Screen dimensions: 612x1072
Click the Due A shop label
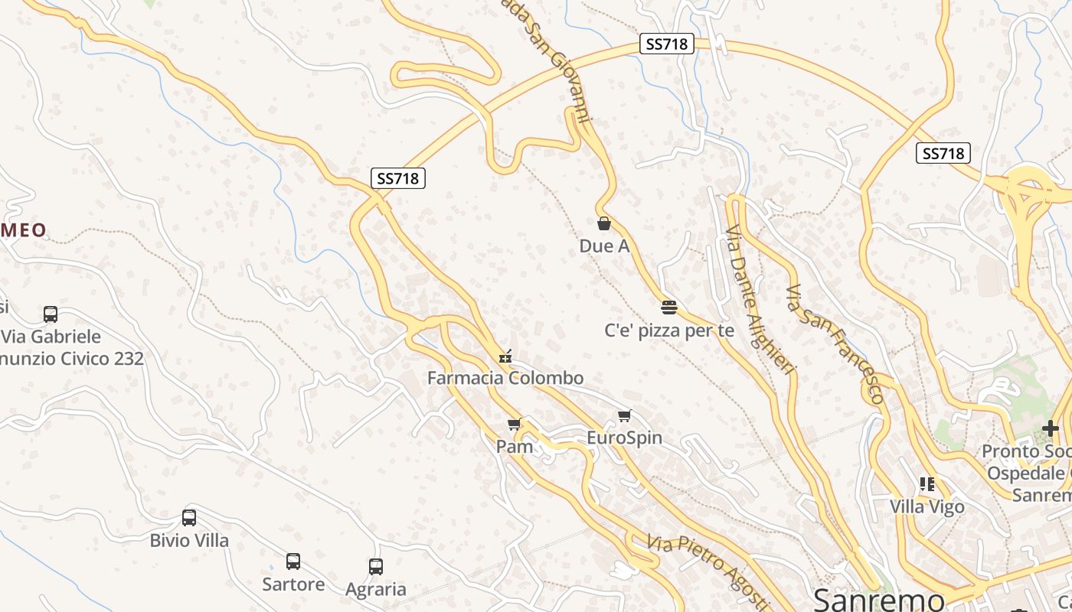click(604, 246)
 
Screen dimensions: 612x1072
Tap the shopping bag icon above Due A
click(604, 223)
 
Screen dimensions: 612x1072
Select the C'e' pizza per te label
click(669, 330)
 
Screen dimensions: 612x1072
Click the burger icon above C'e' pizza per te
click(669, 308)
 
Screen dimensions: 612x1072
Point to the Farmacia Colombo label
click(505, 378)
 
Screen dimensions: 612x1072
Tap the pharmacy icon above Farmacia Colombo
click(505, 355)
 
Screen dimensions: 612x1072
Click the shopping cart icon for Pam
click(514, 424)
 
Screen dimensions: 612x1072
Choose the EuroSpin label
click(624, 438)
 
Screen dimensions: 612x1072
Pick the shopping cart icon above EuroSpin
click(625, 416)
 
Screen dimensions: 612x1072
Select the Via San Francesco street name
click(835, 343)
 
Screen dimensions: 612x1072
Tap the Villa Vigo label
click(927, 506)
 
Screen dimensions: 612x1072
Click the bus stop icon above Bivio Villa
click(189, 518)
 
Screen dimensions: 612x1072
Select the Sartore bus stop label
click(293, 584)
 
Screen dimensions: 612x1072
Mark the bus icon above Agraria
click(375, 567)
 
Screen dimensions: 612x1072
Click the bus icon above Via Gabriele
click(51, 314)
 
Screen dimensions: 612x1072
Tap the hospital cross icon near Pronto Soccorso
click(1050, 428)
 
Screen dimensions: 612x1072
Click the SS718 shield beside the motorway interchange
click(943, 153)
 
